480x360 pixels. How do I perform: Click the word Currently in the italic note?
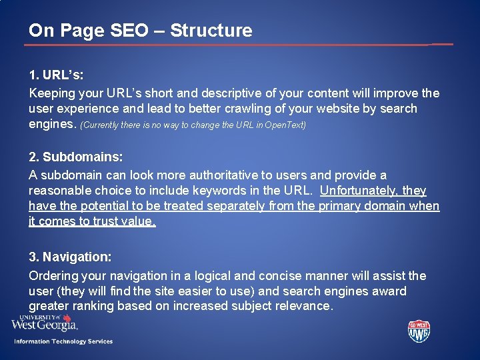click(x=103, y=125)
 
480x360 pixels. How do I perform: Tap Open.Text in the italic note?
click(x=285, y=125)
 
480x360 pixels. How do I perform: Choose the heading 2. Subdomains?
click(x=75, y=157)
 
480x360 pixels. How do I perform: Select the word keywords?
click(x=237, y=191)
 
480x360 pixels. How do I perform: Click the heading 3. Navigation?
click(x=70, y=257)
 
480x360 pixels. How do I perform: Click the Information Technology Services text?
click(x=63, y=341)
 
